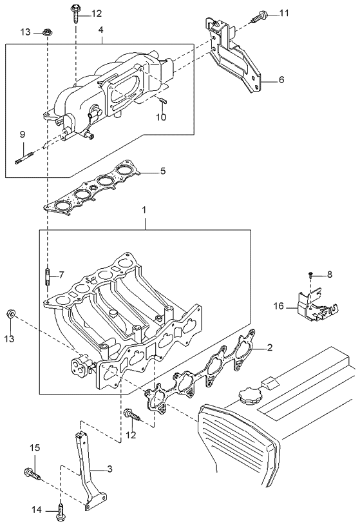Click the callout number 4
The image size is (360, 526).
100,30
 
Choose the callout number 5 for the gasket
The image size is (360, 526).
163,171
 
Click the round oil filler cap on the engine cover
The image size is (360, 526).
247,394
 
